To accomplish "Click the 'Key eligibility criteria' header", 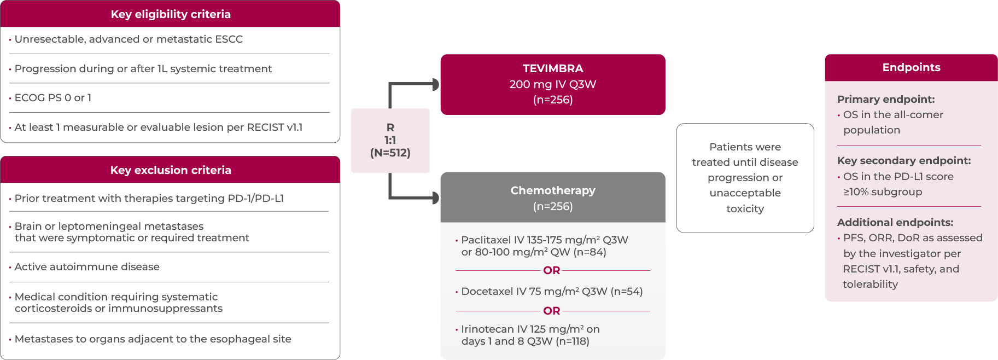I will [x=171, y=14].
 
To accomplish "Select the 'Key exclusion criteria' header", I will [x=171, y=170].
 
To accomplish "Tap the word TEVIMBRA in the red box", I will [x=553, y=68].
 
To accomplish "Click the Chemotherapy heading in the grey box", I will [x=553, y=190].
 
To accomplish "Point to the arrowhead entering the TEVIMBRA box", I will [x=436, y=84].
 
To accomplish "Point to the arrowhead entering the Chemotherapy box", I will [x=436, y=198].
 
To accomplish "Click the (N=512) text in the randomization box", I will [x=390, y=153].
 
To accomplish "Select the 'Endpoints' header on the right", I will [x=911, y=67].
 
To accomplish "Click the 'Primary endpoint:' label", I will [x=886, y=99].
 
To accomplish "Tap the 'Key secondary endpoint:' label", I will [x=904, y=160].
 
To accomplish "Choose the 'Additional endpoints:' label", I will [x=895, y=222].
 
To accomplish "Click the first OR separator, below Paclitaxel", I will [x=552, y=270].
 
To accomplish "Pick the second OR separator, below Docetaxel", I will [x=552, y=311].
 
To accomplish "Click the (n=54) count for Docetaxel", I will [x=627, y=291].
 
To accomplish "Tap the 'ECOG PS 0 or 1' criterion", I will [x=53, y=98].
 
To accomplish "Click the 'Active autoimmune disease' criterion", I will [x=87, y=267].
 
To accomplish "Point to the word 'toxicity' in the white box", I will [x=745, y=208].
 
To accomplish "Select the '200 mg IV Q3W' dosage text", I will [x=553, y=84].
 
